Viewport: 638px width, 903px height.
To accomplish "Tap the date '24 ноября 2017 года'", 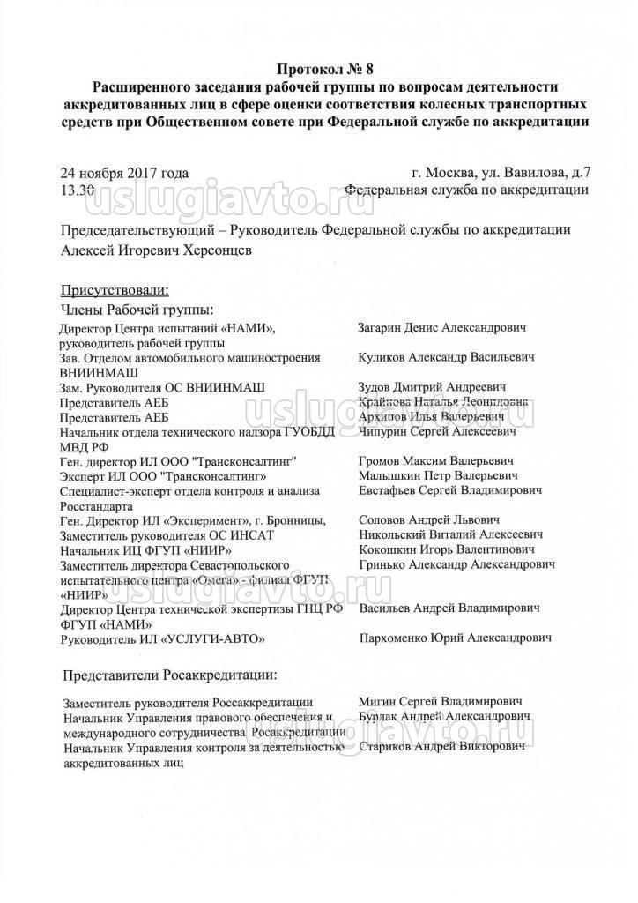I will point(124,173).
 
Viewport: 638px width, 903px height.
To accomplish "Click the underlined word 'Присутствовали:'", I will point(114,290).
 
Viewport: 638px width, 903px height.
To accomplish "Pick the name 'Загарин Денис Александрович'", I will point(442,328).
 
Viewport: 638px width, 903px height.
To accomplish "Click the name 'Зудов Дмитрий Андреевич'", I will point(432,387).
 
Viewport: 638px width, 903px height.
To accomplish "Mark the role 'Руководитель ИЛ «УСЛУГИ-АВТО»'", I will point(161,638).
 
